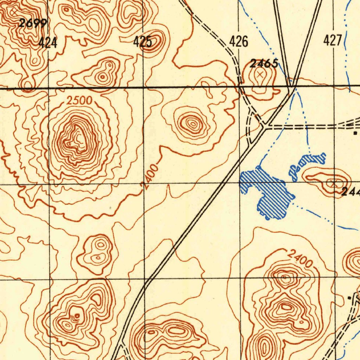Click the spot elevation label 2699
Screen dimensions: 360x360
(33, 24)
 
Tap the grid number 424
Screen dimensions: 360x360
(48, 43)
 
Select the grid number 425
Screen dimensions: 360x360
(143, 42)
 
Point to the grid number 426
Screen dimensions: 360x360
(239, 41)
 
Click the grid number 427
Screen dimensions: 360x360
(332, 41)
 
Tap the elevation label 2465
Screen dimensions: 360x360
(264, 64)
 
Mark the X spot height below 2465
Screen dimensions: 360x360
(260, 74)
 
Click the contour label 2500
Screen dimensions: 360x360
(79, 101)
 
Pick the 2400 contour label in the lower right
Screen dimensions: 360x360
(300, 258)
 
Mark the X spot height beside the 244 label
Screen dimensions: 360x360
(334, 182)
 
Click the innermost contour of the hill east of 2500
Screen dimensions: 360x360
(192, 123)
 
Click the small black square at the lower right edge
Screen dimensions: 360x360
(349, 298)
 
